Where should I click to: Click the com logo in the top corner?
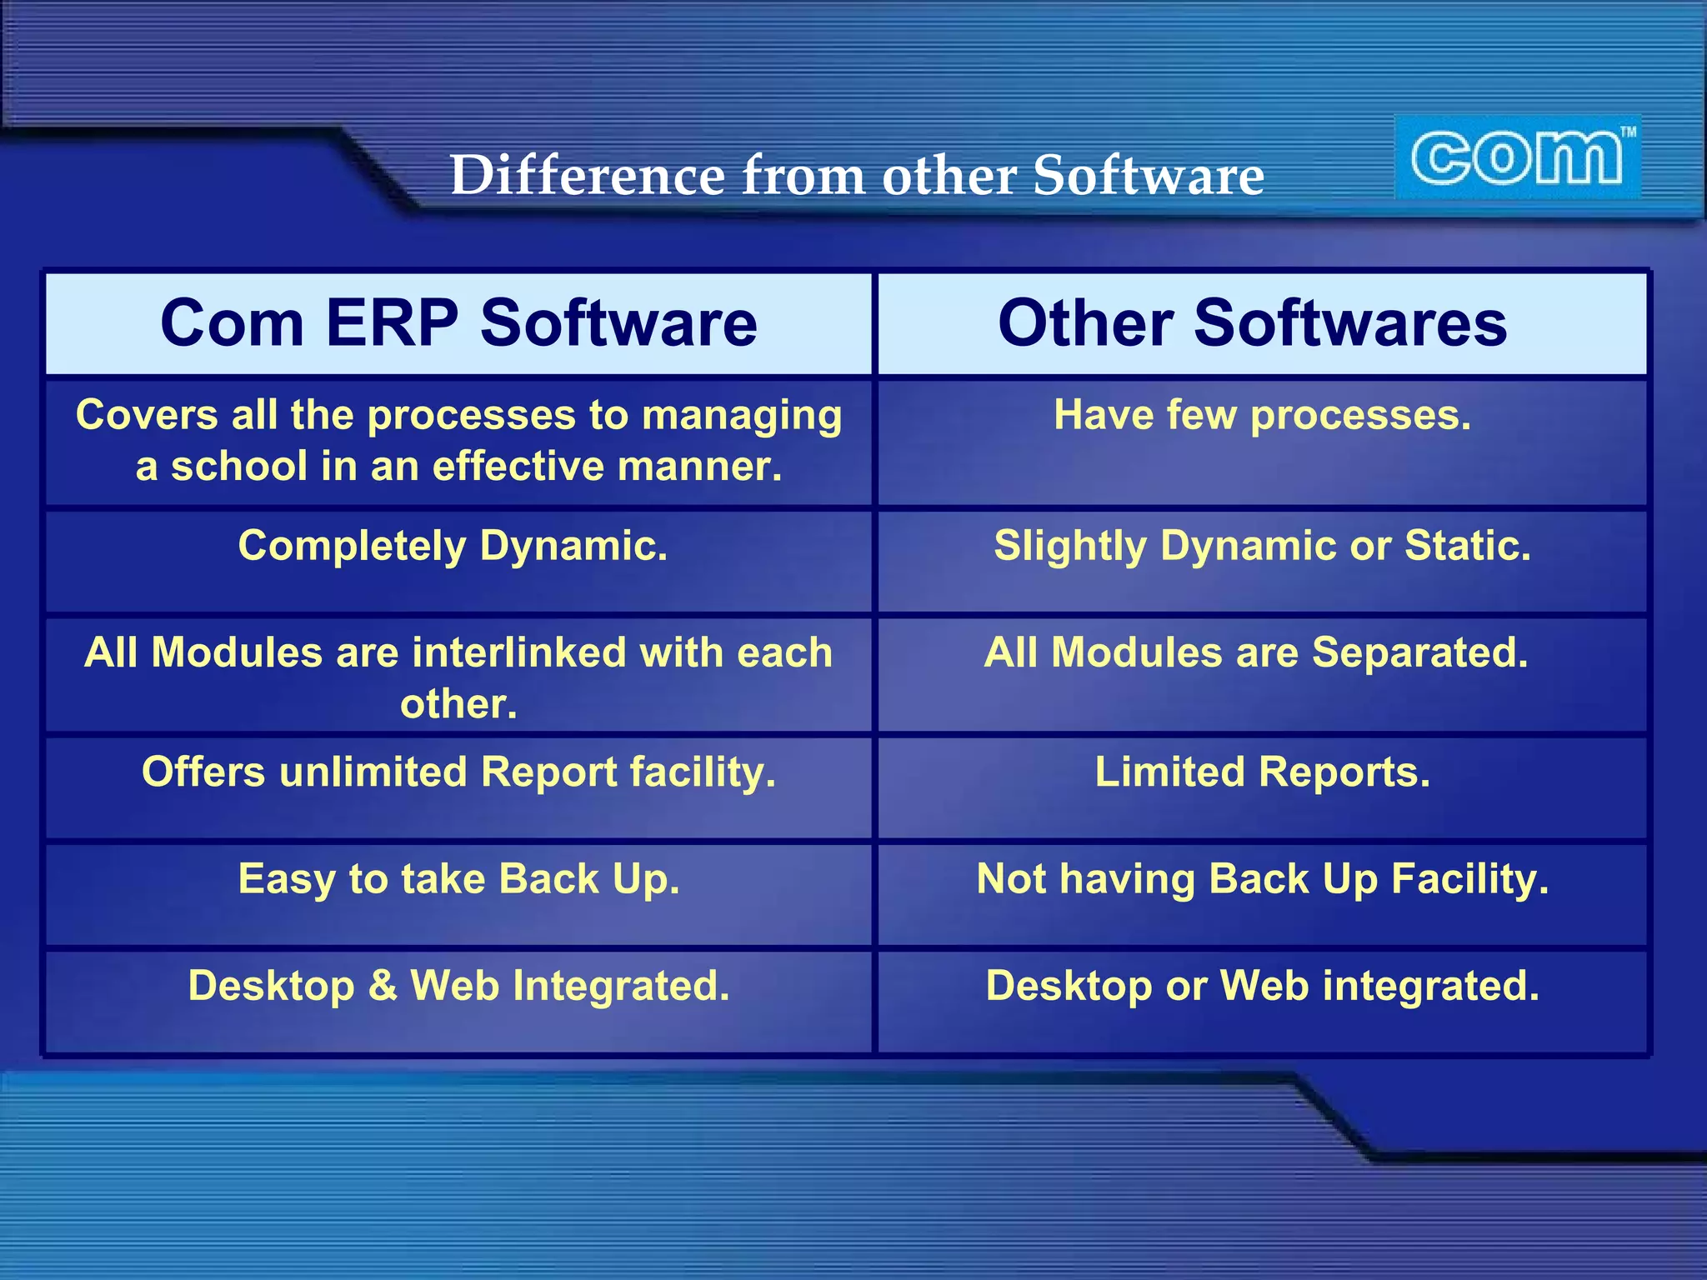(x=1516, y=157)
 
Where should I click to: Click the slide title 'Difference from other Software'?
(x=857, y=175)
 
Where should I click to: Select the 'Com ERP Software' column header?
(x=458, y=323)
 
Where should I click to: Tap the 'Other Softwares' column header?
(x=1252, y=323)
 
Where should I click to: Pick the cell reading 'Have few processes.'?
(x=1262, y=415)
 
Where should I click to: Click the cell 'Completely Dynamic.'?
(x=453, y=546)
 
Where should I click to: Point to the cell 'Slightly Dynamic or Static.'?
(x=1262, y=546)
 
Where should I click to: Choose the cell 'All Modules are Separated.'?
(x=1256, y=652)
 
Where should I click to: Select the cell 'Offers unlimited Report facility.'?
(x=458, y=772)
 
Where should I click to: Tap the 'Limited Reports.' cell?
(x=1262, y=772)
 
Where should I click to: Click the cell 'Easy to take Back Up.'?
(x=458, y=878)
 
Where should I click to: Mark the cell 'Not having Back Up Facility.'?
(x=1262, y=878)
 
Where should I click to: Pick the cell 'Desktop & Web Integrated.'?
(x=458, y=985)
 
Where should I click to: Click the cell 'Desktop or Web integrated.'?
(x=1262, y=985)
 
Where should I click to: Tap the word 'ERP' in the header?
(x=391, y=323)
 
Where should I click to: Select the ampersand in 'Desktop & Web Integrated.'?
(x=383, y=985)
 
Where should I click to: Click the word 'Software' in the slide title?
(x=1148, y=175)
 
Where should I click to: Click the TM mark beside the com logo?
(x=1628, y=132)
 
